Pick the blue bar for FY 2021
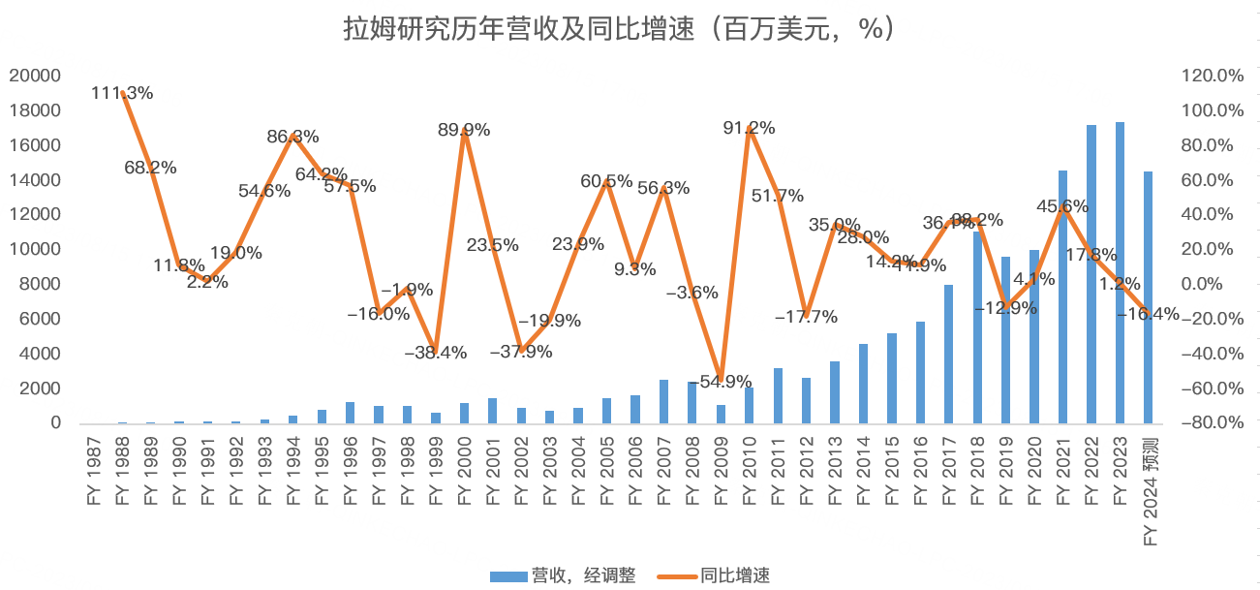[x=1063, y=296]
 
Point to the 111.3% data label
[x=122, y=93]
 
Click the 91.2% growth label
[x=749, y=127]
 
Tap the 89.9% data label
[x=464, y=129]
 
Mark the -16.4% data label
[x=1149, y=313]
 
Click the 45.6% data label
[x=1062, y=205]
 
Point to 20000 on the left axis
[x=35, y=76]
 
